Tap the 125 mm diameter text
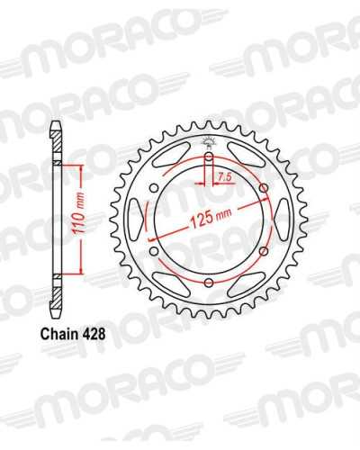[211, 218]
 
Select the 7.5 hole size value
[224, 178]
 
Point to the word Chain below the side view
[58, 334]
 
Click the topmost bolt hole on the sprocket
[209, 157]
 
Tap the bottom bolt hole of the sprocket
[209, 283]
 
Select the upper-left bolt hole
[154, 188]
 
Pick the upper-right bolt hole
[264, 188]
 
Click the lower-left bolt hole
[154, 251]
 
